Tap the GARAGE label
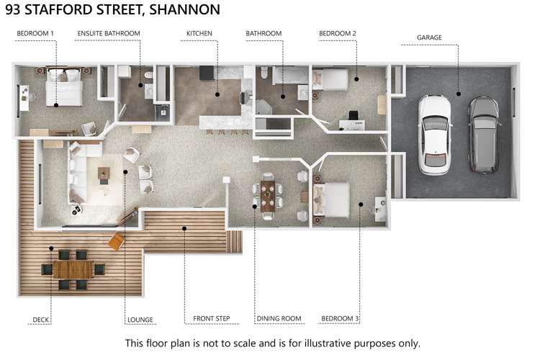click(x=429, y=37)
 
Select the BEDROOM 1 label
click(x=35, y=33)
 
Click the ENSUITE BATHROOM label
click(x=109, y=33)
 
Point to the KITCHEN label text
click(x=199, y=33)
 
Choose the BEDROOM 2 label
click(x=338, y=33)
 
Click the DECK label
click(x=41, y=320)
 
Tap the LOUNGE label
click(x=140, y=320)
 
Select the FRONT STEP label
click(x=211, y=318)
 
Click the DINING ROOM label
click(x=278, y=318)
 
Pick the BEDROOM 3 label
click(x=340, y=318)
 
